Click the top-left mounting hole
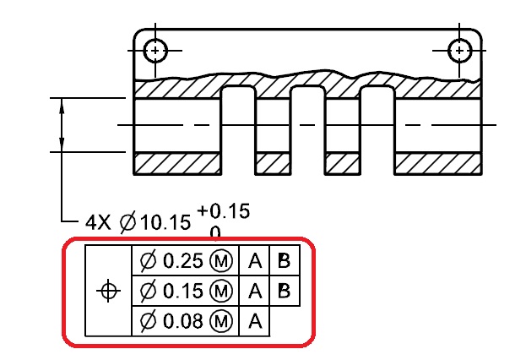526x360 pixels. (155, 50)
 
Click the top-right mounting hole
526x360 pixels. (460, 50)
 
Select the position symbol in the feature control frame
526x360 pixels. (108, 292)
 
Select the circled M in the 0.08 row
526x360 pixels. (222, 320)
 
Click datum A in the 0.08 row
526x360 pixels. (253, 320)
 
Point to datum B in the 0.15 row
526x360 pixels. (284, 292)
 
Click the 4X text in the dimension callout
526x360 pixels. (99, 222)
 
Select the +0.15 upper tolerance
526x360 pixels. (223, 211)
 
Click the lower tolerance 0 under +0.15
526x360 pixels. (215, 232)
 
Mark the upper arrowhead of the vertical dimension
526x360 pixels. (62, 104)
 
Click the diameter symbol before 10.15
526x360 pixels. (127, 222)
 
